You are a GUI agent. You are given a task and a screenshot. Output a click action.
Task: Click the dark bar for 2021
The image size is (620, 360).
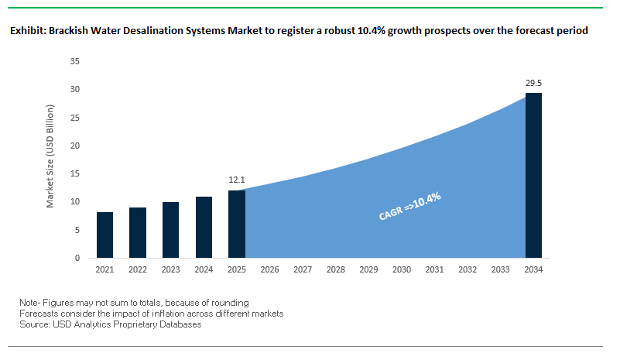point(105,235)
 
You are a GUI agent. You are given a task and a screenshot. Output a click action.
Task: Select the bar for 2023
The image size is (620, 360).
point(170,230)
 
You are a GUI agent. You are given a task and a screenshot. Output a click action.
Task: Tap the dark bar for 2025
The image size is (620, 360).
point(236,224)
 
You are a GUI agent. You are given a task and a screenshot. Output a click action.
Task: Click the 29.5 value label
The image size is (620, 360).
point(533,82)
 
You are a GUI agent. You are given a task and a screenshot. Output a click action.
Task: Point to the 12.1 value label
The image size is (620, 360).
point(236,180)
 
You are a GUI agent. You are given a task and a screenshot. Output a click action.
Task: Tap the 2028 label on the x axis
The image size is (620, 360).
point(335,270)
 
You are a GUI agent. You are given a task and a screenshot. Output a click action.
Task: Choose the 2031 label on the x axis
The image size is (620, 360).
point(434,270)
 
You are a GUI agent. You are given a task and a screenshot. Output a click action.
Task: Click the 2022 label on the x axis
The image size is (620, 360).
point(138,270)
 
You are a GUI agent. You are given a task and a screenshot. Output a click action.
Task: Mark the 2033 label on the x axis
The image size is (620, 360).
point(501,270)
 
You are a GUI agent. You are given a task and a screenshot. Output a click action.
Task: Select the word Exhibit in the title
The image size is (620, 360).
point(27,32)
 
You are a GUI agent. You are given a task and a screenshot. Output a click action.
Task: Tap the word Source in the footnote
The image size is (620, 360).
point(36,324)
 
